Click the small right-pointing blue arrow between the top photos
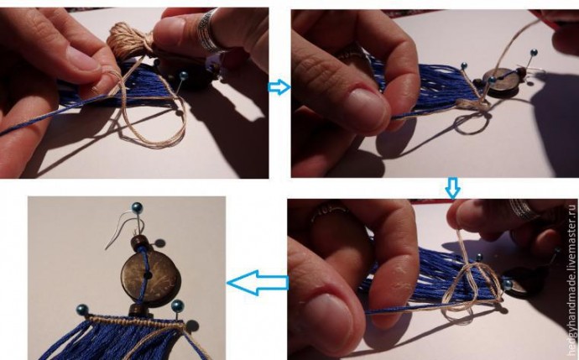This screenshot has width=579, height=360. [279, 87]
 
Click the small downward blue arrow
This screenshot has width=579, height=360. [453, 188]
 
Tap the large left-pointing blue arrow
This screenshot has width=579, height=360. [258, 283]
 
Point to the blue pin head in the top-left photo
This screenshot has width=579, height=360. [183, 76]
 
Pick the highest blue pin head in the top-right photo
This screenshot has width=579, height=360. [534, 52]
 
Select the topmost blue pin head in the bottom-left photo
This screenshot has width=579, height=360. [137, 206]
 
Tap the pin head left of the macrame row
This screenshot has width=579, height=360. [82, 310]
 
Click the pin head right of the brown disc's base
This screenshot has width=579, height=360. [178, 305]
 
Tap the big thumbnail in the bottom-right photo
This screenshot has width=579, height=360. [326, 318]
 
